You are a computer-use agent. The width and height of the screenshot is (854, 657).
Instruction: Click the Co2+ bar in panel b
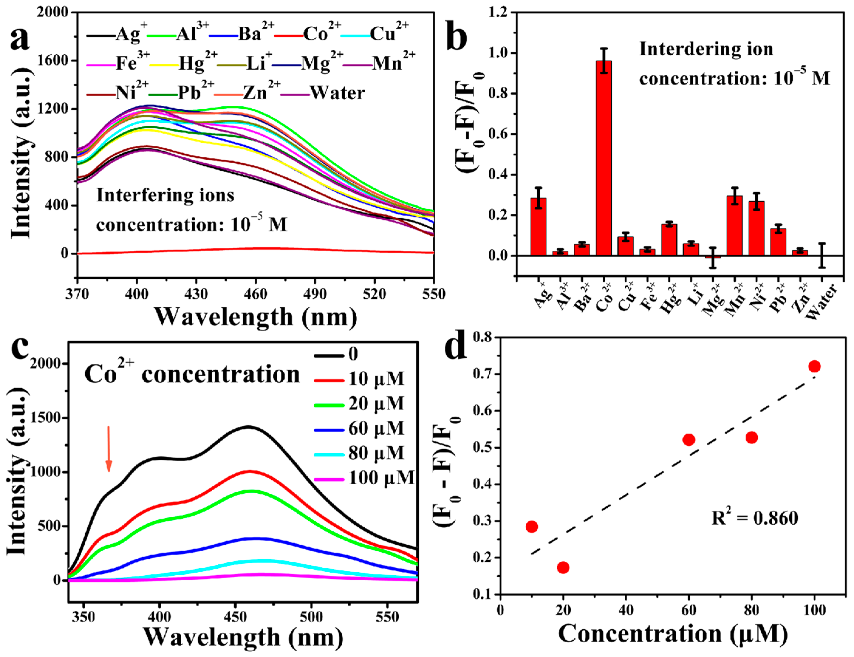coord(604,158)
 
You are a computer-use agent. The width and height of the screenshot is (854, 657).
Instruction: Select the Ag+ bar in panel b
coord(538,227)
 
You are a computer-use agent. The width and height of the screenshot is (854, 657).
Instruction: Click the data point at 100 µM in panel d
coord(815,366)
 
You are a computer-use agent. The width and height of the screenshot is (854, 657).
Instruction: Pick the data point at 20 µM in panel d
coord(563,567)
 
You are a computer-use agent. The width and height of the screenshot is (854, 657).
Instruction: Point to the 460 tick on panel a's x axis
coord(255,294)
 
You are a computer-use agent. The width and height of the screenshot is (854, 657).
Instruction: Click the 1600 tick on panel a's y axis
coord(53,61)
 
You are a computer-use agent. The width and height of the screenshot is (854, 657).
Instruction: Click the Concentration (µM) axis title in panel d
coord(673,633)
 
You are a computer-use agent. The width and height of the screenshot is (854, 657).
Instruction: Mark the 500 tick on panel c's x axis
coord(311,616)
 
